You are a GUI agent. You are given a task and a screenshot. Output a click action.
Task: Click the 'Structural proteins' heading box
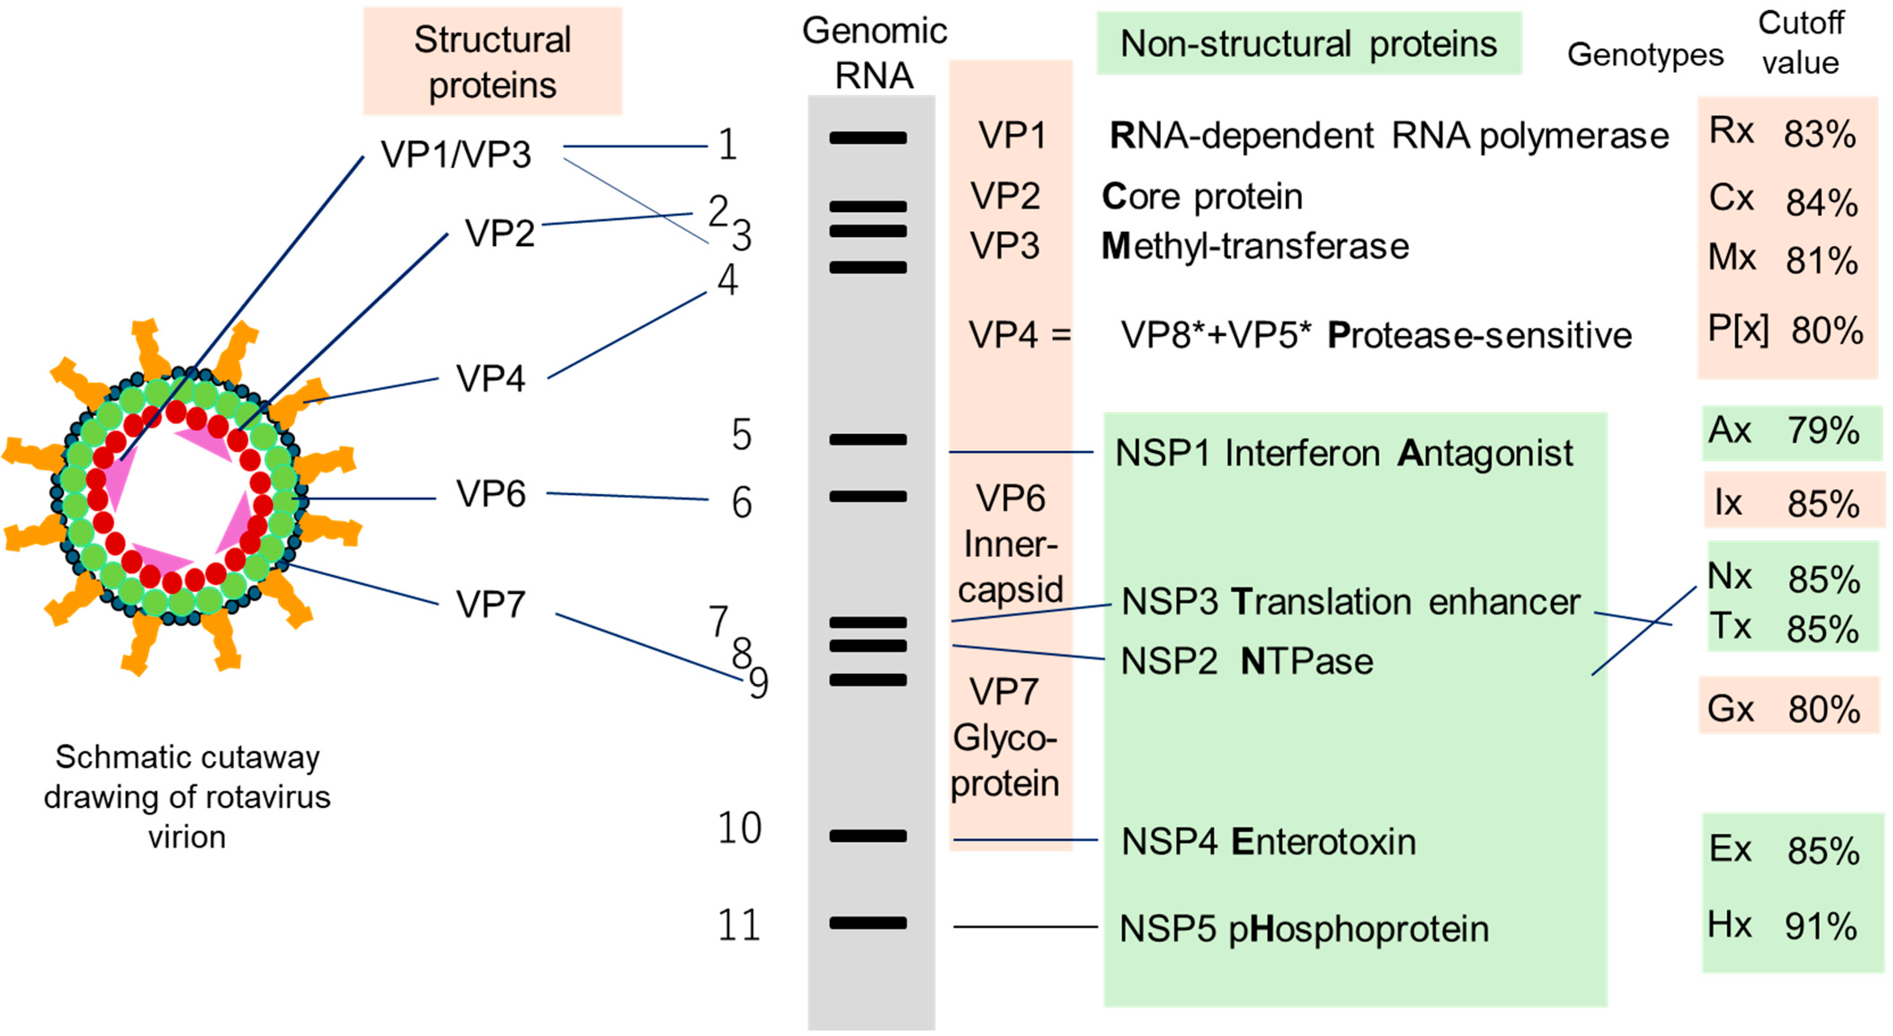pyautogui.click(x=493, y=62)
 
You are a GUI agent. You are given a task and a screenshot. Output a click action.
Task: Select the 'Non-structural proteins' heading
pyautogui.click(x=1308, y=44)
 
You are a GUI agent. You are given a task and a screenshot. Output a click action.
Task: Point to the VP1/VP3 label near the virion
pyautogui.click(x=456, y=154)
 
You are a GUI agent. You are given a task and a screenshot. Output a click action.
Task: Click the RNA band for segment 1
pyautogui.click(x=868, y=137)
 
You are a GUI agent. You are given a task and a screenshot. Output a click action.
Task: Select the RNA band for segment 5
pyautogui.click(x=868, y=439)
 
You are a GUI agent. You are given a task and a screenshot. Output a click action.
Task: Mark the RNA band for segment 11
pyautogui.click(x=868, y=923)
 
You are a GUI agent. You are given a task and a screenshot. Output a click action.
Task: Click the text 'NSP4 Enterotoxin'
pyautogui.click(x=1268, y=842)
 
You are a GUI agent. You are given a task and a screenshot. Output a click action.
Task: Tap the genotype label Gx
pyautogui.click(x=1731, y=709)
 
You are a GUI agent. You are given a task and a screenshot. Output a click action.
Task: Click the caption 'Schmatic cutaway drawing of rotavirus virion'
pyautogui.click(x=187, y=797)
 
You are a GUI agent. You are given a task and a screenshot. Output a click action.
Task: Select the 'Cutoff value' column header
pyautogui.click(x=1800, y=43)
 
